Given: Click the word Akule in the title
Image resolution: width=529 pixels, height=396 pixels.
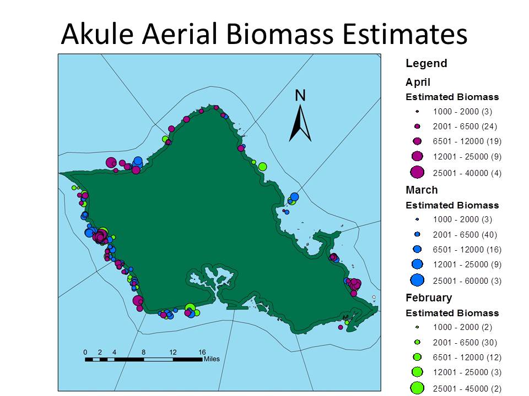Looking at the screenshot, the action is click(x=98, y=34).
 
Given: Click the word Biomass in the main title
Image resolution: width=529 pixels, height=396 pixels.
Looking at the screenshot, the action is click(x=280, y=34).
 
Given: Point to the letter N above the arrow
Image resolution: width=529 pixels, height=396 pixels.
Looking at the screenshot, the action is click(x=300, y=95).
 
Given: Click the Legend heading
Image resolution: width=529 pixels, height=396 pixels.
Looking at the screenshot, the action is click(x=427, y=63).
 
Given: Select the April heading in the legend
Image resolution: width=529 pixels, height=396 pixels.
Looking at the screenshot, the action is click(x=418, y=82).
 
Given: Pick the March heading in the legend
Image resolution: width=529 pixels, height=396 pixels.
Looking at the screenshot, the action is click(x=422, y=190).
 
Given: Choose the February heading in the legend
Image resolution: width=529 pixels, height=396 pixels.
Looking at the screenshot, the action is click(x=429, y=298).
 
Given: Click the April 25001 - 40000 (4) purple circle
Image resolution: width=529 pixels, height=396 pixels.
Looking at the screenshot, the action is click(x=417, y=172).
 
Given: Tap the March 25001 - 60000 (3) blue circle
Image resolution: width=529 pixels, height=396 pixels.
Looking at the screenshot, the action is click(x=417, y=280).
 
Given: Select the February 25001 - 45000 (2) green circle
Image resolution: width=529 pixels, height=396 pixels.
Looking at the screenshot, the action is click(x=417, y=388).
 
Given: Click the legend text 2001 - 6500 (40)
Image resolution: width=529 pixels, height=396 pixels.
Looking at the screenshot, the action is click(x=465, y=235).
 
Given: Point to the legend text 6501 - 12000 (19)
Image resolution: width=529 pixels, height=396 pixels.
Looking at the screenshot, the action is click(x=467, y=141).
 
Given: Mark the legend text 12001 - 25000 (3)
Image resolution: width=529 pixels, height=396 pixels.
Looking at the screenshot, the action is click(x=467, y=372).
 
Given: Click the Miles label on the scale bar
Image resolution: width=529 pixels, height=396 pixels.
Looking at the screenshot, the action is click(x=212, y=359).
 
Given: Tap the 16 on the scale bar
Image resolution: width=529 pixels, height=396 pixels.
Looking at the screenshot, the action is click(x=202, y=352).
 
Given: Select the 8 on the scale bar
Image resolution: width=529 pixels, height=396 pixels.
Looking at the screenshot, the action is click(x=144, y=352).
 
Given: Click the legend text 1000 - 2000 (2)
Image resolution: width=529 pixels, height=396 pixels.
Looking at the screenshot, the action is click(x=462, y=327).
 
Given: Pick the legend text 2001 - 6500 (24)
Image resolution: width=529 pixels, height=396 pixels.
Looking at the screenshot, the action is click(x=465, y=127).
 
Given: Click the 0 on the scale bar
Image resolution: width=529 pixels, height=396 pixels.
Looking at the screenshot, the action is click(x=85, y=352).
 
